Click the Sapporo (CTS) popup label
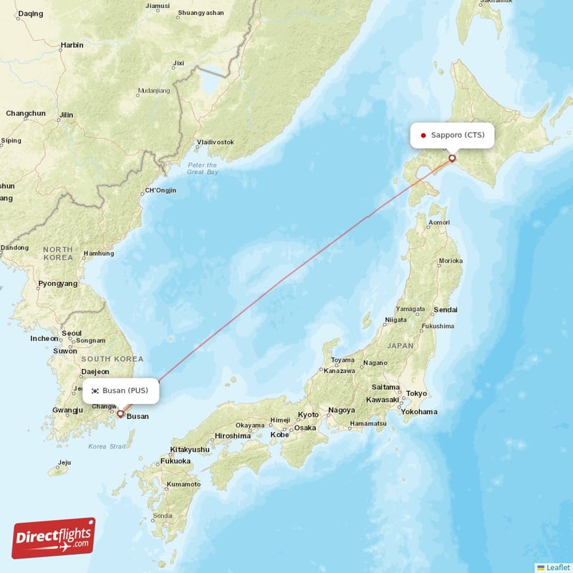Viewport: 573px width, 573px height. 451,135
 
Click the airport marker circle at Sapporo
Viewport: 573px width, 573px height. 452,158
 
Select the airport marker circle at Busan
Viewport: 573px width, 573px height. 120,413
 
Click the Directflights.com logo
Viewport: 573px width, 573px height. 54,538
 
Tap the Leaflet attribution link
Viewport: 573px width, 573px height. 553,567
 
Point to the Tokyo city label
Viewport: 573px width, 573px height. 416,393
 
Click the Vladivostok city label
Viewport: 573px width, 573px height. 216,142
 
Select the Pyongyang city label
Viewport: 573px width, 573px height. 57,284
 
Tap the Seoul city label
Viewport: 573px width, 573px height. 71,333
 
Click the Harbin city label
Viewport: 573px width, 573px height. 72,44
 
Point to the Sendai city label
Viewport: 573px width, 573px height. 445,309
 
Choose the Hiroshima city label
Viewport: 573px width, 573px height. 232,435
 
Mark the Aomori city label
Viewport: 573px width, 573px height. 438,223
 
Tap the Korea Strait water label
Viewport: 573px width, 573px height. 107,446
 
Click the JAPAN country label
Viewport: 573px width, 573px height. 400,345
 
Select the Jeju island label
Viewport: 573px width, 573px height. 64,462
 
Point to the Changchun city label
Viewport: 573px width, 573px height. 26,113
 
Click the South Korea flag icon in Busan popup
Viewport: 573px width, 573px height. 95,390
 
